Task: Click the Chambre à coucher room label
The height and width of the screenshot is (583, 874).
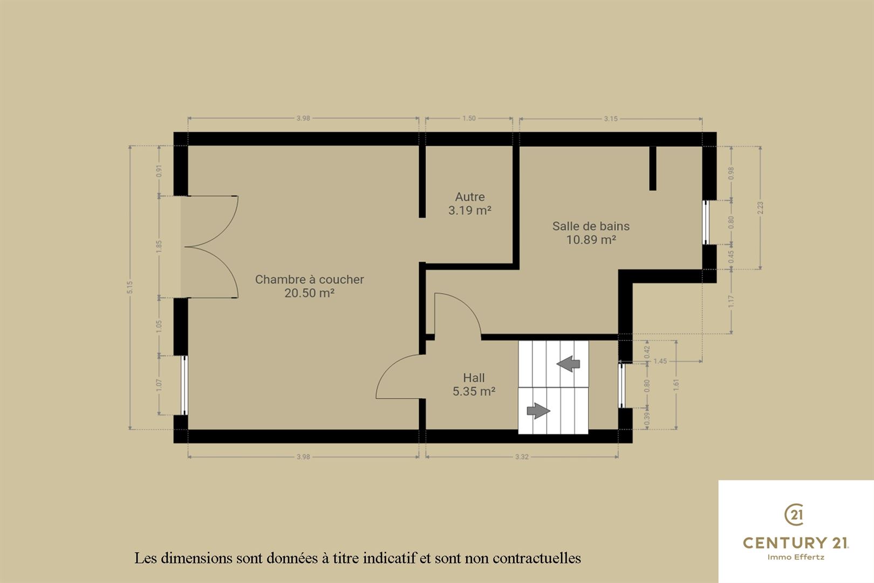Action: [310, 280]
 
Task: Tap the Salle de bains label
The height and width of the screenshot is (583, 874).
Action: [591, 226]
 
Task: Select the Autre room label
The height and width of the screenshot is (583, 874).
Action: [470, 197]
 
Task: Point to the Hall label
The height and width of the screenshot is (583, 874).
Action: [474, 378]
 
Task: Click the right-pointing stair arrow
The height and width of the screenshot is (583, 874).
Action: [538, 411]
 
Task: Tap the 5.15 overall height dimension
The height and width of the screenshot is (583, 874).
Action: [130, 287]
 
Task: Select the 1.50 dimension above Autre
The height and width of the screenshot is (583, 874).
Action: [469, 118]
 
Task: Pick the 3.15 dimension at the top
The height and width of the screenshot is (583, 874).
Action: [611, 119]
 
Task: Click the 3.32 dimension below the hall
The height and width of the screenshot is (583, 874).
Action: [522, 457]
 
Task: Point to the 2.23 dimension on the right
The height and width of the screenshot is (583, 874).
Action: [760, 208]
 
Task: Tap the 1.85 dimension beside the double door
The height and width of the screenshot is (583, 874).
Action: [159, 246]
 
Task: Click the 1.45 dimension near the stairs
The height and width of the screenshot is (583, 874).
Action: [660, 361]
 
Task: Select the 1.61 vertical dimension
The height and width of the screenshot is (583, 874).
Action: [676, 385]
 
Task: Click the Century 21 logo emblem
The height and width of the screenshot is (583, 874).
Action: [794, 514]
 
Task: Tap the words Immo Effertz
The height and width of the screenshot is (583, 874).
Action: [796, 557]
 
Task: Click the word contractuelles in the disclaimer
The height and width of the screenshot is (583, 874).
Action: [537, 558]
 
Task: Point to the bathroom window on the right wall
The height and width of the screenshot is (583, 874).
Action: [706, 222]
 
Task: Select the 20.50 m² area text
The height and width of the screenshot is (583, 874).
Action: [310, 293]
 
